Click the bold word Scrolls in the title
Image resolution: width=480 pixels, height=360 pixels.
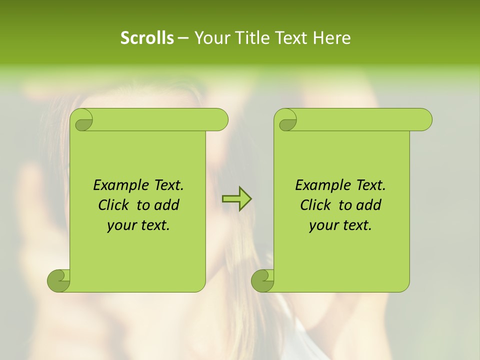[x=147, y=38]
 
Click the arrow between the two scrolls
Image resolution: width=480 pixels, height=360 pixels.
[x=236, y=198]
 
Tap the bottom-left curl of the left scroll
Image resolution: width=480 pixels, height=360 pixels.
[x=58, y=280]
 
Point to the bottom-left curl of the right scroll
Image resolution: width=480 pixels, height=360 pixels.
[x=262, y=280]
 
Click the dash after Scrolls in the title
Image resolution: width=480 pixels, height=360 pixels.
[x=183, y=38]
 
